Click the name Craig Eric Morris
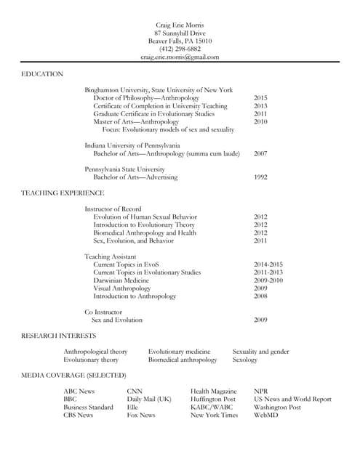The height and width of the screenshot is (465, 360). coord(180,25)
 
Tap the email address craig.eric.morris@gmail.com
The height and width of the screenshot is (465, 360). coord(180,57)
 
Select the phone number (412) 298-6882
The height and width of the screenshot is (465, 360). coord(180,49)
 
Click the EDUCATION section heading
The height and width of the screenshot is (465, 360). coord(42,74)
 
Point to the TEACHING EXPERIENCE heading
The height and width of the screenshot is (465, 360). coord(63,193)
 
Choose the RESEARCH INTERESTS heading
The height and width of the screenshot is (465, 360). coord(58,336)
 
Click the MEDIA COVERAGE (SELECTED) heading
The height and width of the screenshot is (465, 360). coord(73,375)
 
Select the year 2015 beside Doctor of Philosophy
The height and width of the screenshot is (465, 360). coord(260,98)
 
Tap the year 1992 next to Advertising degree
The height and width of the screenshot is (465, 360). coord(260,177)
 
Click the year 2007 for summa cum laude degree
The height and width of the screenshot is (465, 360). coord(260,154)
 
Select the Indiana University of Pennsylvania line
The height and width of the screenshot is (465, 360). coord(132,145)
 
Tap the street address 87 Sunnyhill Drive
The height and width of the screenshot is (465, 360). coord(180,33)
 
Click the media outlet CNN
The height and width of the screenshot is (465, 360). coord(135,392)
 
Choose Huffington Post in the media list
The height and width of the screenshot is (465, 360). coord(213,400)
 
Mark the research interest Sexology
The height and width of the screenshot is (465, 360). coord(244,360)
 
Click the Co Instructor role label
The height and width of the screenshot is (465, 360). coord(103,312)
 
